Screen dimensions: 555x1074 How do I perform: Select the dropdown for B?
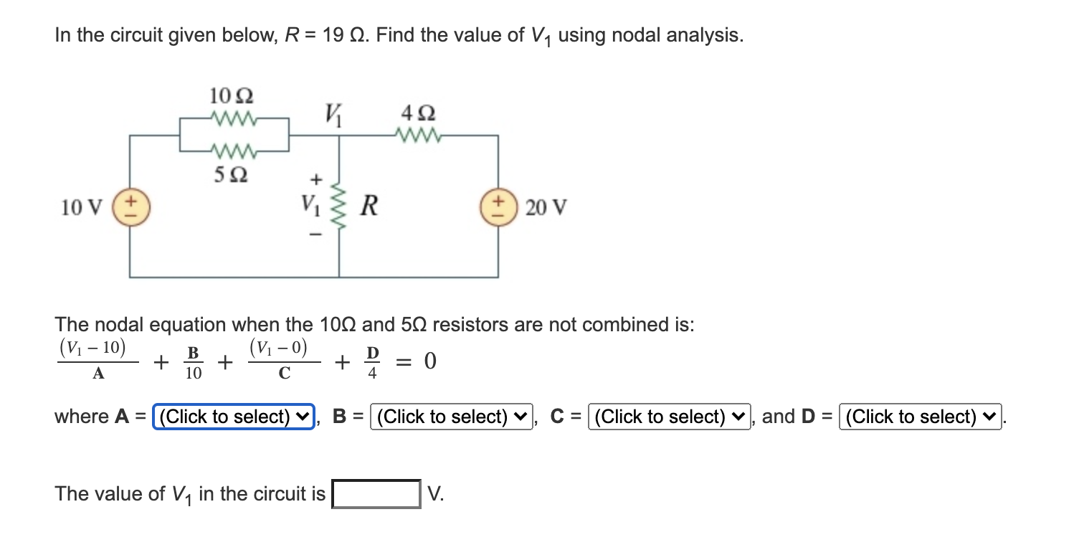coord(452,417)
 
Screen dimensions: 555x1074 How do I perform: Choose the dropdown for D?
coord(921,417)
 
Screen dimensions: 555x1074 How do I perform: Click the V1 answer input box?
coord(376,494)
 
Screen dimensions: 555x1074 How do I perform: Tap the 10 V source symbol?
coord(130,207)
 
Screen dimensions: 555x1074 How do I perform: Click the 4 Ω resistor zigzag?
coord(417,134)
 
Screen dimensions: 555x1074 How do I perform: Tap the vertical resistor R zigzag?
coord(339,208)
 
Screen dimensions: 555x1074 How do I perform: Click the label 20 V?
coord(546,208)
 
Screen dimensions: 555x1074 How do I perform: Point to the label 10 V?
coord(82,208)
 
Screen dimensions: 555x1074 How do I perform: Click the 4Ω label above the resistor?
coord(418,114)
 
